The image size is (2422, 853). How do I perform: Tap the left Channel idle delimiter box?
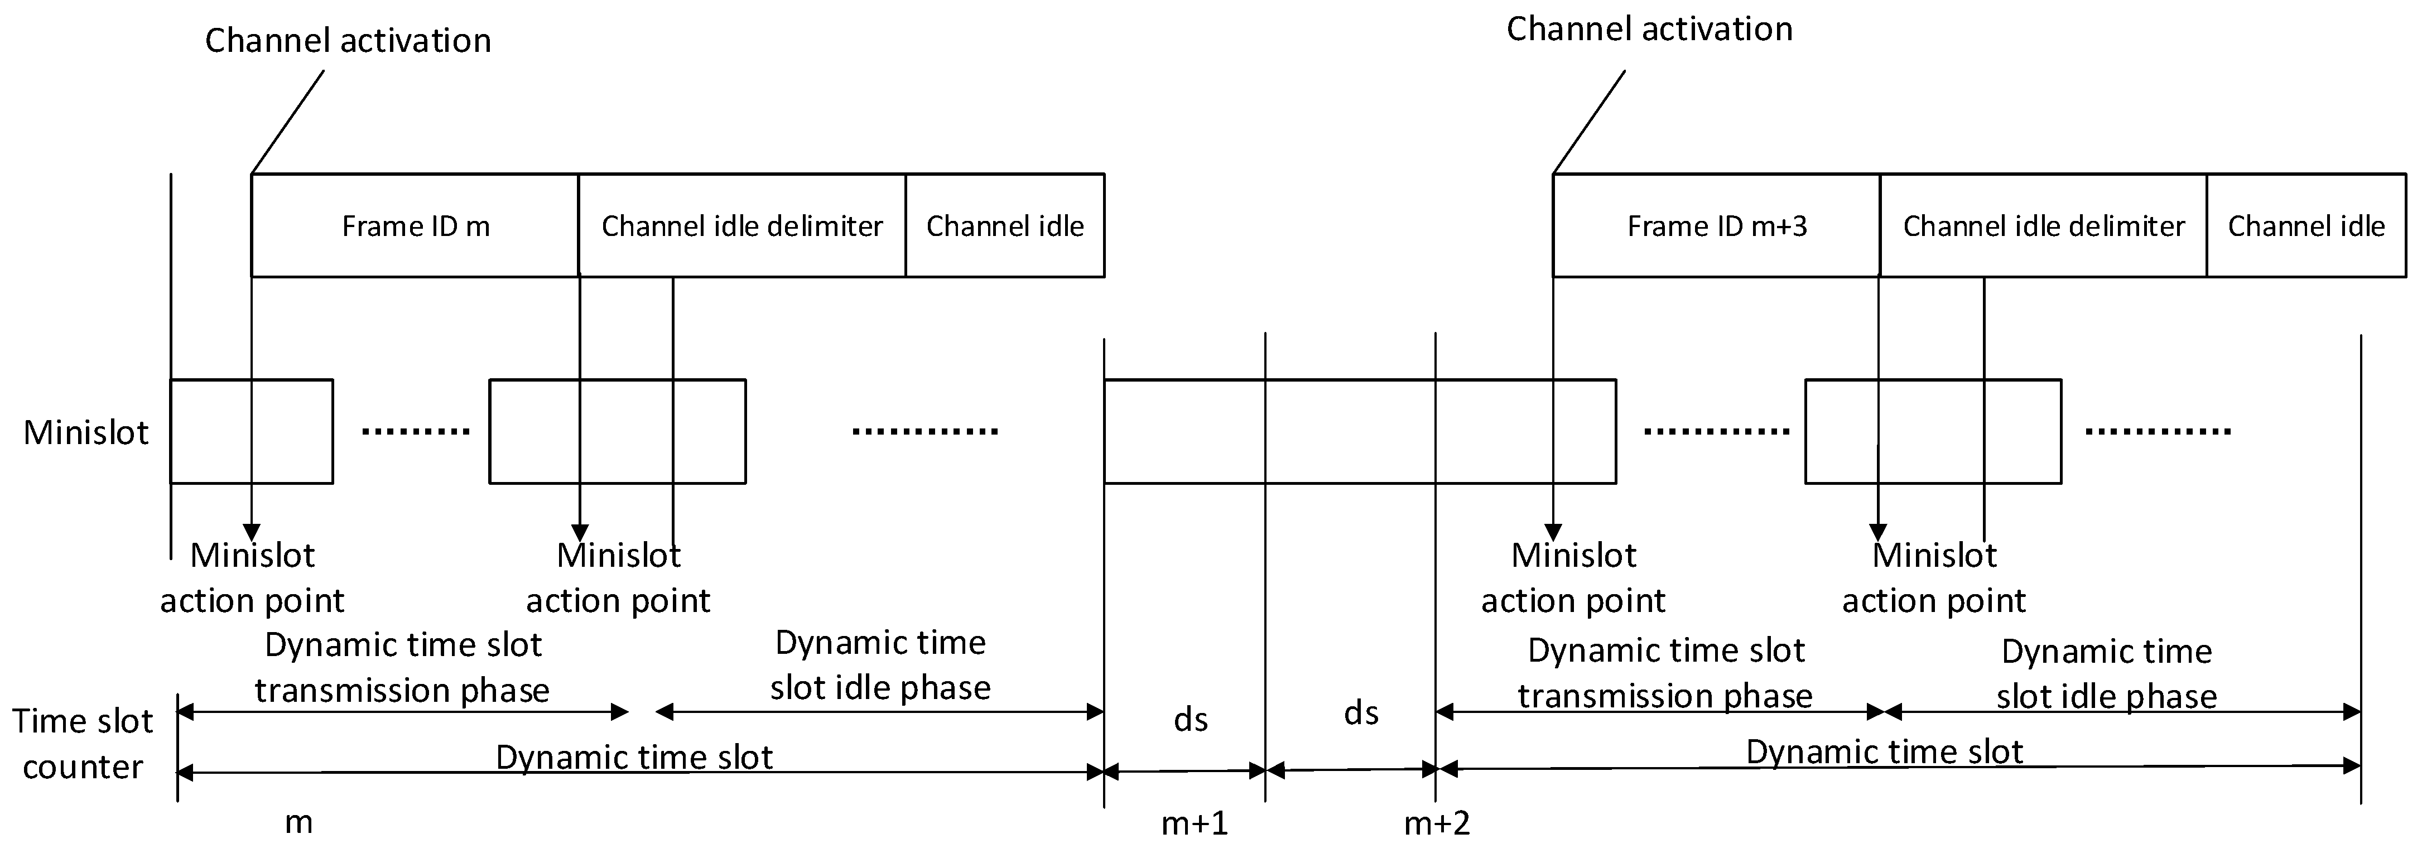tap(742, 226)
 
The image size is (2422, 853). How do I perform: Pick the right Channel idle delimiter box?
tap(2043, 226)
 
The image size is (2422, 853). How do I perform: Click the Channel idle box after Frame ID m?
tap(1004, 226)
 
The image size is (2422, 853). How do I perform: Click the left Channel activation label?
tap(348, 40)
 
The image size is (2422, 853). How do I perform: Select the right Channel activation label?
tap(1649, 29)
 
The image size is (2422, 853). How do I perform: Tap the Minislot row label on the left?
tap(85, 432)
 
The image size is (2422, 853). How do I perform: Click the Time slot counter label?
tap(82, 744)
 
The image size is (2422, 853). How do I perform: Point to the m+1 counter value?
tap(1194, 824)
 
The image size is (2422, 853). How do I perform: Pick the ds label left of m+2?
tap(1360, 713)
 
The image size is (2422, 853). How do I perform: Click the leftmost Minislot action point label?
tap(252, 577)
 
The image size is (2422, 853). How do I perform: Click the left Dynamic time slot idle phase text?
tap(880, 665)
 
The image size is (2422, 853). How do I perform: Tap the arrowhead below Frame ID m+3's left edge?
tap(1553, 532)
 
